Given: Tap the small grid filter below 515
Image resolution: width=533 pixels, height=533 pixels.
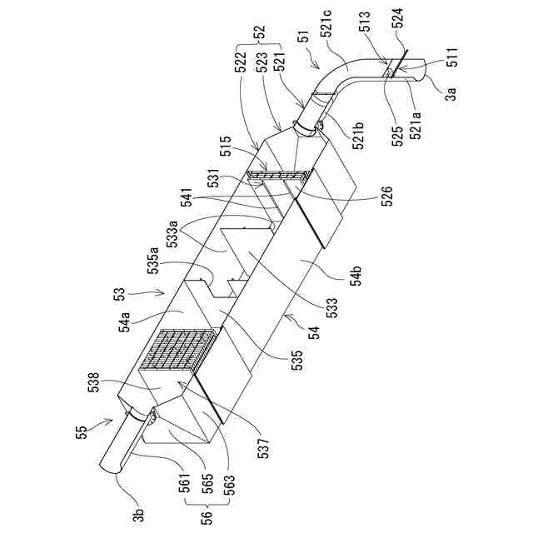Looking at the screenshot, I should click(279, 177).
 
